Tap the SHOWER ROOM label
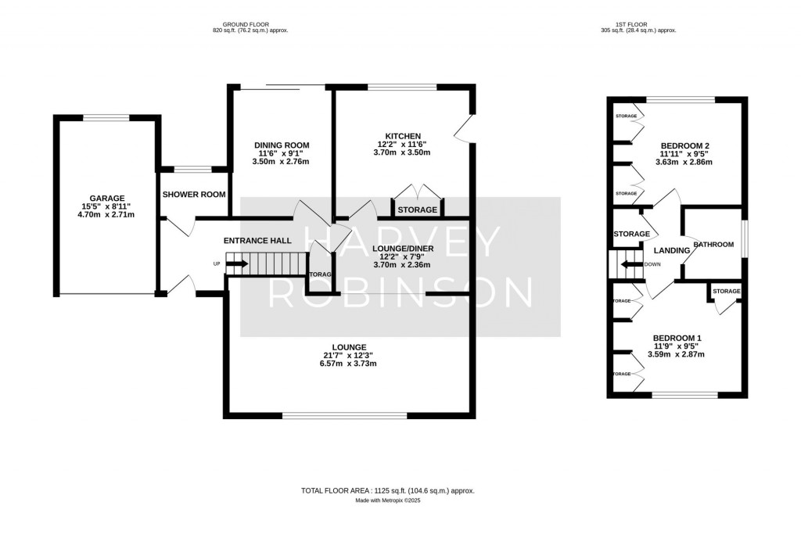tap(194, 195)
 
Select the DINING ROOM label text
tap(282, 145)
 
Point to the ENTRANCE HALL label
tap(257, 240)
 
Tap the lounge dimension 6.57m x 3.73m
tap(349, 364)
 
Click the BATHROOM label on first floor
tap(712, 245)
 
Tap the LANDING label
tap(671, 250)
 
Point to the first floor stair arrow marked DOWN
tap(630, 263)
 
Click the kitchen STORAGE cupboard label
tap(418, 210)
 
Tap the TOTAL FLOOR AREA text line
tap(388, 491)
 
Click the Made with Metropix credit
tap(388, 500)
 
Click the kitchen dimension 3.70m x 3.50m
tap(404, 152)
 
